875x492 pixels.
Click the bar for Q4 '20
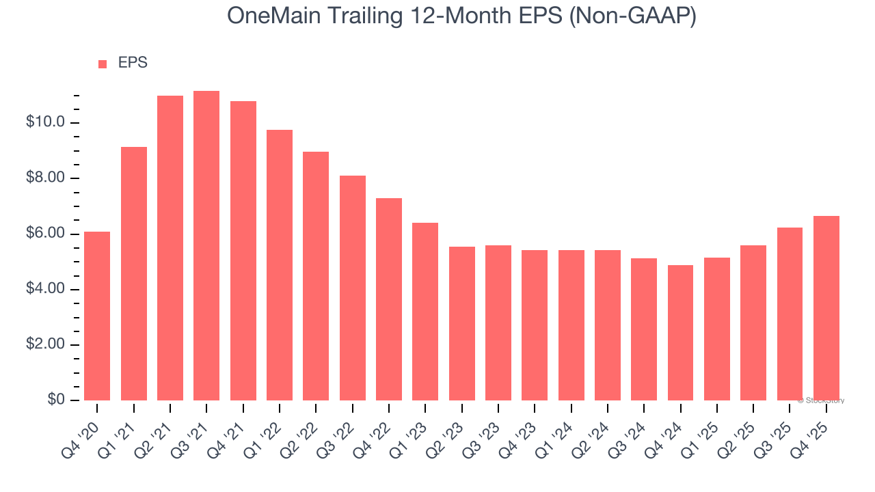pos(97,316)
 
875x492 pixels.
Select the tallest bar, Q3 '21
pos(206,245)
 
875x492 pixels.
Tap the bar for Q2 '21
pos(170,247)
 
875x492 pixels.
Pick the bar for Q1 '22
pos(280,265)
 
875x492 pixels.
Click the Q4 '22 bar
pos(389,299)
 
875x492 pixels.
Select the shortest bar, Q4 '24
pos(680,333)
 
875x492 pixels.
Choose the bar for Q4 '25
pos(826,308)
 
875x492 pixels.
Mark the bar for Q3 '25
pos(790,314)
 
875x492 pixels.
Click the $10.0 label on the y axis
pos(45,123)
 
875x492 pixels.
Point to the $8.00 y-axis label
pos(45,178)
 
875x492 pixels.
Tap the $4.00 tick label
pos(45,289)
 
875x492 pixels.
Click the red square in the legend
pos(103,64)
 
